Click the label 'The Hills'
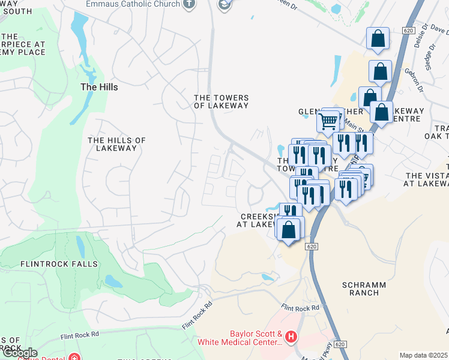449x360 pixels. [x=99, y=87]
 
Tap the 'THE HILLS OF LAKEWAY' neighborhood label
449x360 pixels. [x=117, y=144]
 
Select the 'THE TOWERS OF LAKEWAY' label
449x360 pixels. [x=221, y=101]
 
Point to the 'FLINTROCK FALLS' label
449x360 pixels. [x=50, y=264]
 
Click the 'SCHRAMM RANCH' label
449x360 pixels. [x=360, y=288]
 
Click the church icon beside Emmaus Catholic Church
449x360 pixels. [x=189, y=4]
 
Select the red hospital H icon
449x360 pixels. [x=292, y=338]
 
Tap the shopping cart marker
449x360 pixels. [x=328, y=121]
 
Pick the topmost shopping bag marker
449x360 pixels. [x=378, y=38]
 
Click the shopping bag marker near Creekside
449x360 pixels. [x=289, y=229]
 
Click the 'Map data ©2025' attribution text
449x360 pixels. [x=424, y=355]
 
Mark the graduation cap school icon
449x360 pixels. [x=225, y=5]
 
